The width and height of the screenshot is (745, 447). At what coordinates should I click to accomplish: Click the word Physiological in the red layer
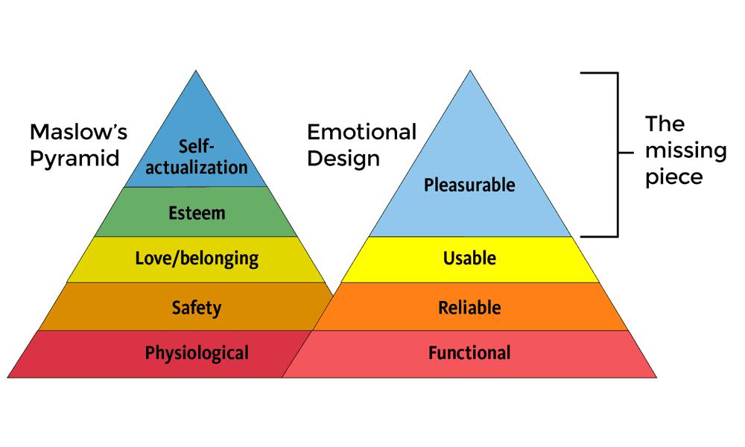coord(197,352)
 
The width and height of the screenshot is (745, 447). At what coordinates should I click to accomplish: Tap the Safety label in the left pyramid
coord(197,307)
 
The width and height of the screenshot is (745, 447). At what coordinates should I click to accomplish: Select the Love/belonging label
coord(197,259)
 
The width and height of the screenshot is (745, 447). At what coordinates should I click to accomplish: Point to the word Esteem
coord(197,213)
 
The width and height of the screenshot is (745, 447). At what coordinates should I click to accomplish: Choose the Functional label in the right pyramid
coord(469,352)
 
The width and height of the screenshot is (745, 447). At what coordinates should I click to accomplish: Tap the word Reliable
coord(469,307)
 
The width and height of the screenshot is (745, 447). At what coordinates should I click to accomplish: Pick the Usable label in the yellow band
coord(469,259)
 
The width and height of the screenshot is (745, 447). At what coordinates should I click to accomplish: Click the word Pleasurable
coord(469,184)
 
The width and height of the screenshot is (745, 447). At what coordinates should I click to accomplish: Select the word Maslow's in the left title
coord(78,133)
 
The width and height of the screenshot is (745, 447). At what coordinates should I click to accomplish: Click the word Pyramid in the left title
coord(74,159)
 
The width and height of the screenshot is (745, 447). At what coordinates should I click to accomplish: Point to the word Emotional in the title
coord(361,133)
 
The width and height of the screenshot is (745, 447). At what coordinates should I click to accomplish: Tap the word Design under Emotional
coord(343,159)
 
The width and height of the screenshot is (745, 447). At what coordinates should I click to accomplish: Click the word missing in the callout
coord(685,151)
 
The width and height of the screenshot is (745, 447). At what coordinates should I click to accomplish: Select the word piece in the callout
coord(673,177)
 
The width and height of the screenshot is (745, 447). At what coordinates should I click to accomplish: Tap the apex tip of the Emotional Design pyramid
coord(470,72)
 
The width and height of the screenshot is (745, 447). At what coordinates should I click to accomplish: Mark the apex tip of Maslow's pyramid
coord(197,72)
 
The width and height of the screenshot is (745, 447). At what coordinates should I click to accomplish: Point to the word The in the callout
coord(665,124)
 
